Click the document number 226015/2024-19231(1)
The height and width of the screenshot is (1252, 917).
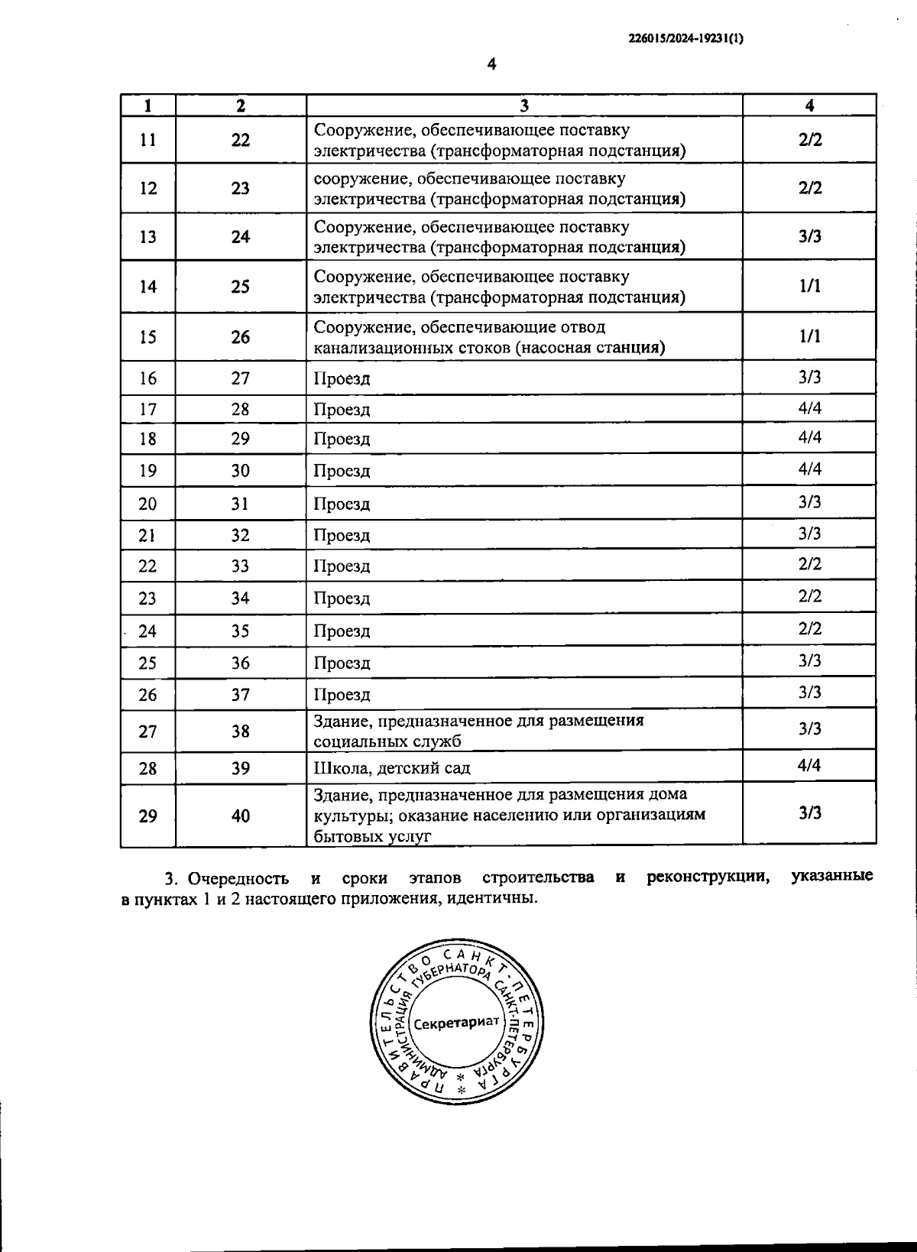pyautogui.click(x=685, y=36)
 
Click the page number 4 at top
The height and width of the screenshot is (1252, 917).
pyautogui.click(x=491, y=66)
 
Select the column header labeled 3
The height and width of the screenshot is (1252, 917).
pyautogui.click(x=524, y=105)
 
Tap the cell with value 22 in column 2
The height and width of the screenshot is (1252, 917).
pyautogui.click(x=240, y=140)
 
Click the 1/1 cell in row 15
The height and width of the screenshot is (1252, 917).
pyautogui.click(x=809, y=336)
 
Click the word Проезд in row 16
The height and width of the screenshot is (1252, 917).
pyautogui.click(x=342, y=379)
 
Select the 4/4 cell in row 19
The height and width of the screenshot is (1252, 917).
pyautogui.click(x=809, y=469)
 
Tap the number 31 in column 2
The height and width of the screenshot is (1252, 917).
pyautogui.click(x=240, y=504)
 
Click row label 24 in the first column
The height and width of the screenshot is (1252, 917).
pyautogui.click(x=147, y=631)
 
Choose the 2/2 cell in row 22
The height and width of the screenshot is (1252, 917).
pyautogui.click(x=809, y=564)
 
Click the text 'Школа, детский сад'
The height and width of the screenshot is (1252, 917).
pyautogui.click(x=392, y=768)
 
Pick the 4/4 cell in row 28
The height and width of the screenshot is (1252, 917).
pyautogui.click(x=809, y=765)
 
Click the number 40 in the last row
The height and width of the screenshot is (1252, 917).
pyautogui.click(x=240, y=816)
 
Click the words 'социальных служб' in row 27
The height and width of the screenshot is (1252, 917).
pyautogui.click(x=387, y=741)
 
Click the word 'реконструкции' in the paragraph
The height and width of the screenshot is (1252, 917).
pyautogui.click(x=707, y=877)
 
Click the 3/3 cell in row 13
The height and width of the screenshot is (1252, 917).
pyautogui.click(x=809, y=236)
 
